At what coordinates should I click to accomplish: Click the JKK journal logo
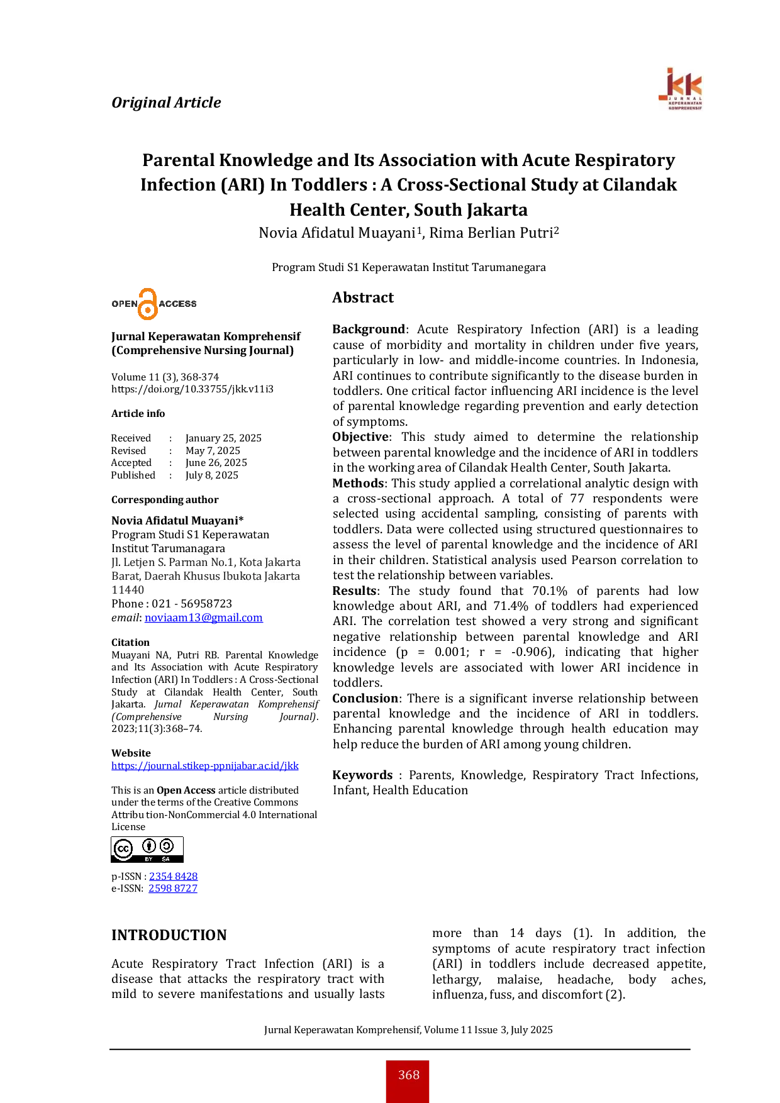pyautogui.click(x=681, y=89)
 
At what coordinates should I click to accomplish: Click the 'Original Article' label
pyautogui.click(x=166, y=103)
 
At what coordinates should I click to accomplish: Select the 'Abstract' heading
pyautogui.click(x=363, y=297)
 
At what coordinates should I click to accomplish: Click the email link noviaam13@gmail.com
pyautogui.click(x=204, y=618)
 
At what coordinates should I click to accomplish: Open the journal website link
pyautogui.click(x=205, y=765)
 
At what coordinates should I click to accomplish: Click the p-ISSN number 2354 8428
pyautogui.click(x=173, y=876)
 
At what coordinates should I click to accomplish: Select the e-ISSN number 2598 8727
pyautogui.click(x=173, y=888)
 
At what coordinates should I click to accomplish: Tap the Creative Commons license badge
pyautogui.click(x=147, y=850)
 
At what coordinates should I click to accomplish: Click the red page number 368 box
pyautogui.click(x=408, y=1081)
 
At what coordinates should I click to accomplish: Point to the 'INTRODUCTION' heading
pyautogui.click(x=169, y=935)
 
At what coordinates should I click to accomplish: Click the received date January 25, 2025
pyautogui.click(x=223, y=438)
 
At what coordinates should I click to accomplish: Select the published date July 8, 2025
pyautogui.click(x=212, y=475)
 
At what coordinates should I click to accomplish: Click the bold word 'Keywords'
pyautogui.click(x=362, y=775)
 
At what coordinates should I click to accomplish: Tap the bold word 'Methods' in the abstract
pyautogui.click(x=358, y=483)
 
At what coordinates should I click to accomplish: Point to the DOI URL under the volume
pyautogui.click(x=192, y=389)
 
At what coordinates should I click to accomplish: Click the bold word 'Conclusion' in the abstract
pyautogui.click(x=365, y=698)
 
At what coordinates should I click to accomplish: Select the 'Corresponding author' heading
pyautogui.click(x=165, y=500)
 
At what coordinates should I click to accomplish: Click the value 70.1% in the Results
pyautogui.click(x=550, y=590)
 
